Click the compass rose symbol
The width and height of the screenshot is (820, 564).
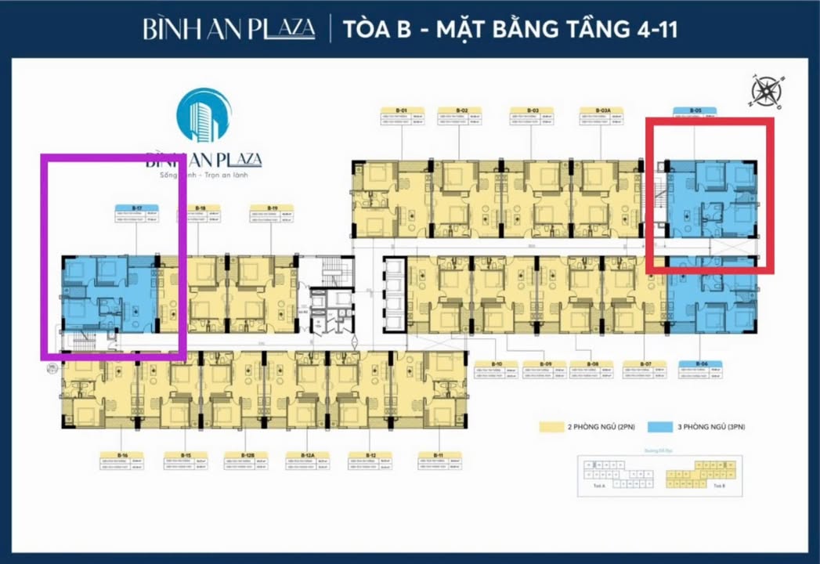click(x=765, y=92)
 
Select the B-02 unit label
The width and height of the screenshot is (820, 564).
click(x=464, y=110)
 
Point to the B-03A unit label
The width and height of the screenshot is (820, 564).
click(x=603, y=110)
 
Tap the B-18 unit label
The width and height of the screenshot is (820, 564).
click(x=200, y=208)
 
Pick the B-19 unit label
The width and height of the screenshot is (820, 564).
click(x=272, y=208)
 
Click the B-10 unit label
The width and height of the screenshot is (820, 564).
click(x=497, y=364)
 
